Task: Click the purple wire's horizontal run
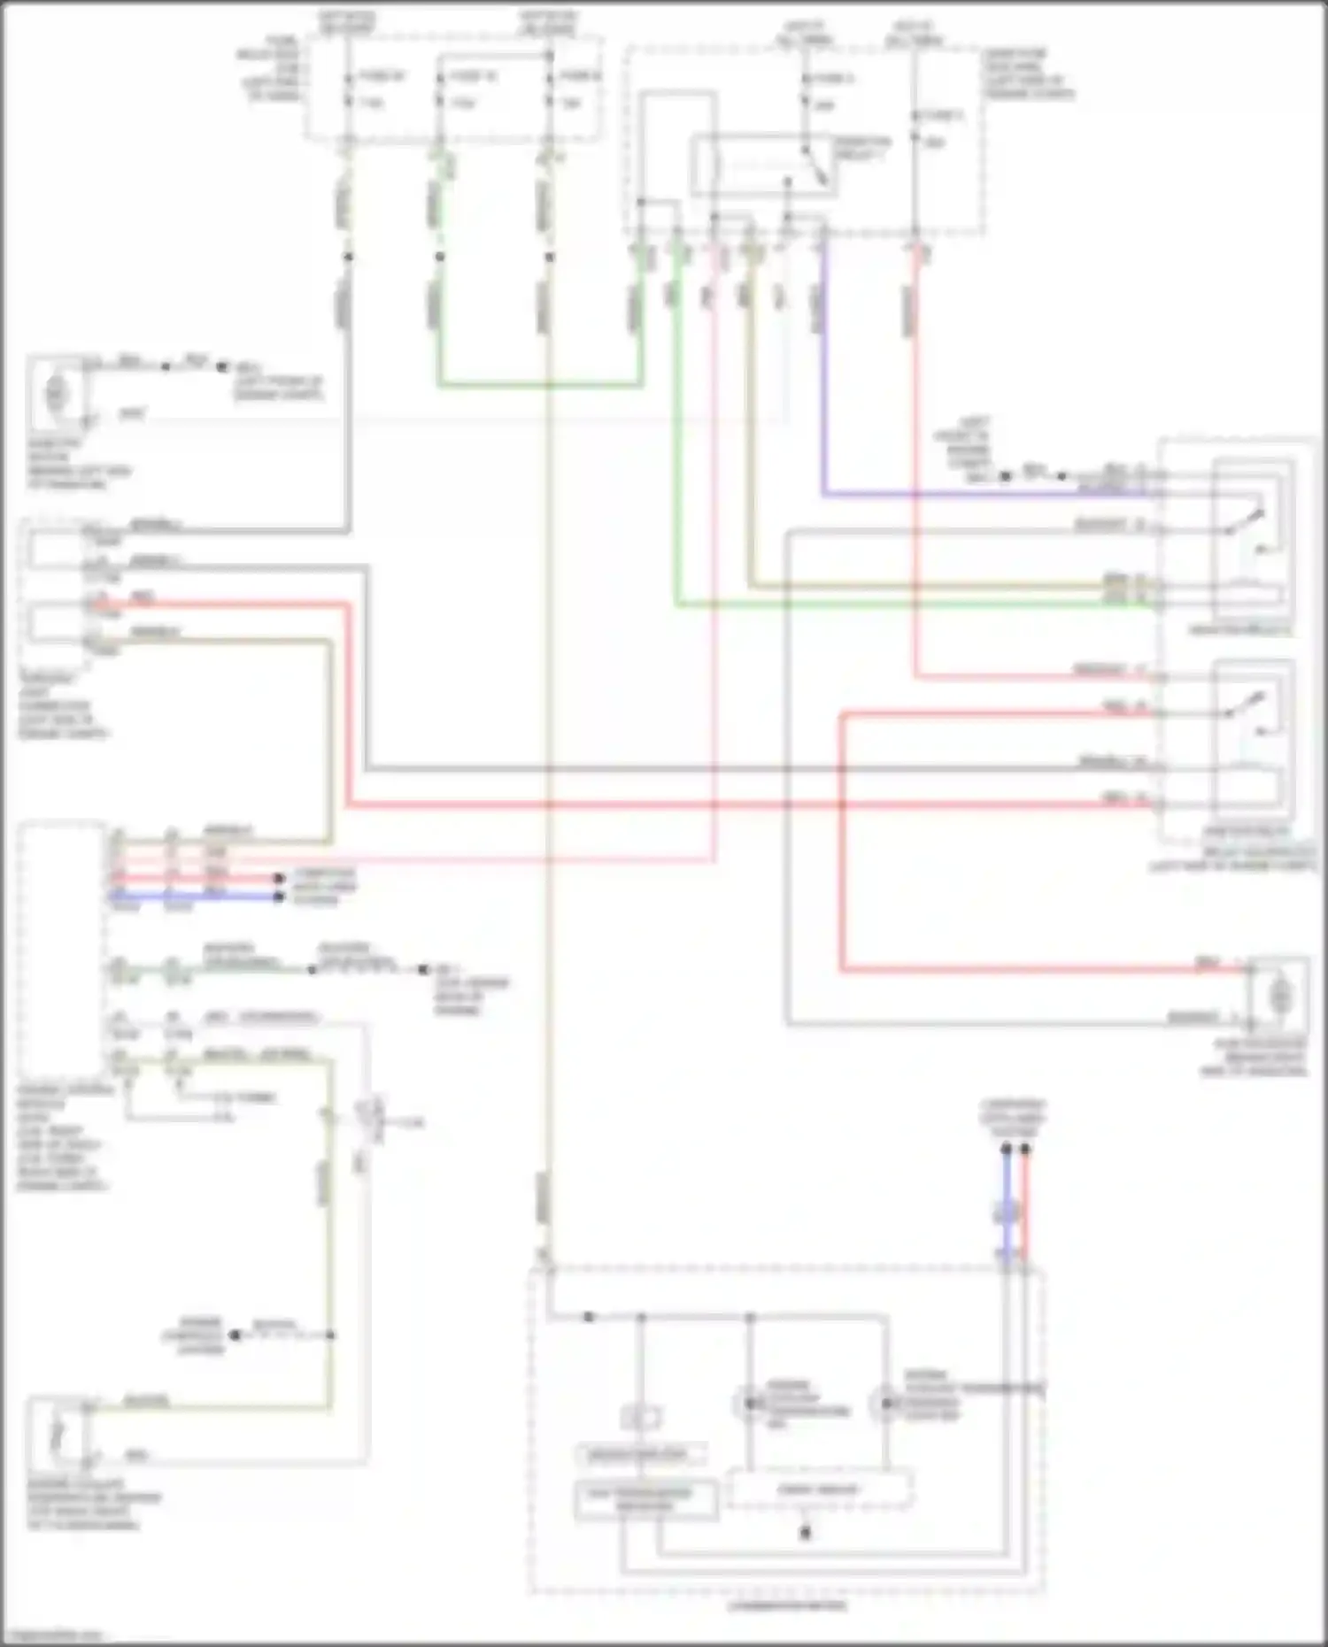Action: pyautogui.click(x=974, y=494)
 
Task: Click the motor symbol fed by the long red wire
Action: pyautogui.click(x=1278, y=997)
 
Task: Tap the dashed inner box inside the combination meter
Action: pyautogui.click(x=819, y=1489)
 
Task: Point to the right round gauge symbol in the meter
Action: pyautogui.click(x=882, y=1403)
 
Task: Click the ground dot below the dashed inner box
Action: pyautogui.click(x=805, y=1533)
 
